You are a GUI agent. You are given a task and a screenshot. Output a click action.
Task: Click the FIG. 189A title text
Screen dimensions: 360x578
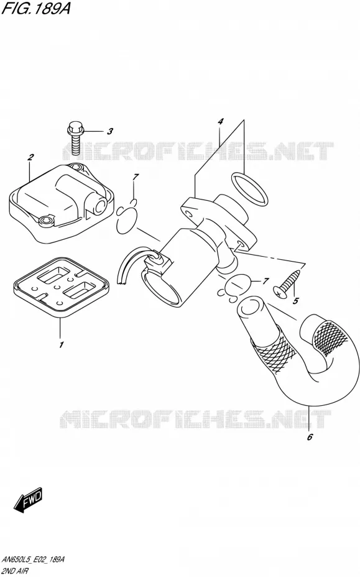(x=36, y=8)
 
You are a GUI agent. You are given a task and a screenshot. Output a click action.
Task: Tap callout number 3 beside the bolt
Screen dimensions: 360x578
(x=109, y=131)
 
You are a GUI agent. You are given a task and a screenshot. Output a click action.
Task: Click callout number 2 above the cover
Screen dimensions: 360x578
(x=30, y=157)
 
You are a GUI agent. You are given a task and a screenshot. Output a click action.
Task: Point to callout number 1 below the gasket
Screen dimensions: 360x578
(x=61, y=345)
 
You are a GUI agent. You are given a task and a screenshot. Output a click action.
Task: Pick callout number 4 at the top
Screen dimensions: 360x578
(x=220, y=121)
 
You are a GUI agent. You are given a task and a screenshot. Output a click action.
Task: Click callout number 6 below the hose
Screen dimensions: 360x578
(x=310, y=437)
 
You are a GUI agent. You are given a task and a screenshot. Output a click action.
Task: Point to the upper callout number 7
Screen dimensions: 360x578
(x=135, y=177)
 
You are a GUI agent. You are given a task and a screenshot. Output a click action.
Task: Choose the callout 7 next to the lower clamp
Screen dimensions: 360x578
(x=265, y=282)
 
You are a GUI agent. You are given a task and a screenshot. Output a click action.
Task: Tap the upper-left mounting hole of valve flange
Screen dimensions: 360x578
(x=188, y=213)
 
